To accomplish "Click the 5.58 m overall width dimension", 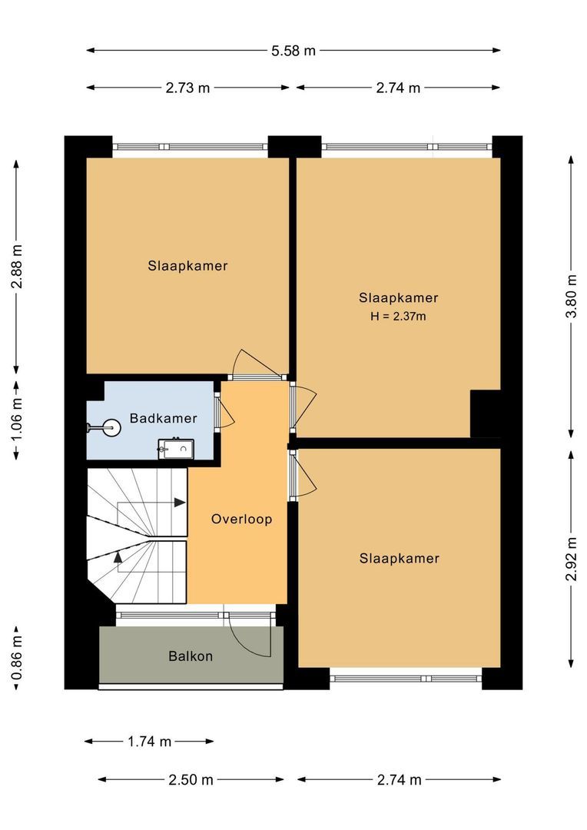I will point(293,51).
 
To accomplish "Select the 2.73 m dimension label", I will point(187,88).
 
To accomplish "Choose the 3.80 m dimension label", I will point(570,296).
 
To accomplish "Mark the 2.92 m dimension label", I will point(570,559).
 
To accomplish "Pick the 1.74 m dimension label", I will point(149,742).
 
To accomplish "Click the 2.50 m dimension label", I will point(191,780).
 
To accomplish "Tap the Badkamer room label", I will point(163,419).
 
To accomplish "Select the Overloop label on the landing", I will point(241,520).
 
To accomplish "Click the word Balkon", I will point(190,656).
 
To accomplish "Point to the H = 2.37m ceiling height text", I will point(398,315).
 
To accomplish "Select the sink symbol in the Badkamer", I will point(175,447).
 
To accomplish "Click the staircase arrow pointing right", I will point(179,503).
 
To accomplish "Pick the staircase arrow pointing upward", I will point(118,557).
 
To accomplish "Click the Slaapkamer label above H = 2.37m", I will point(398,298).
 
